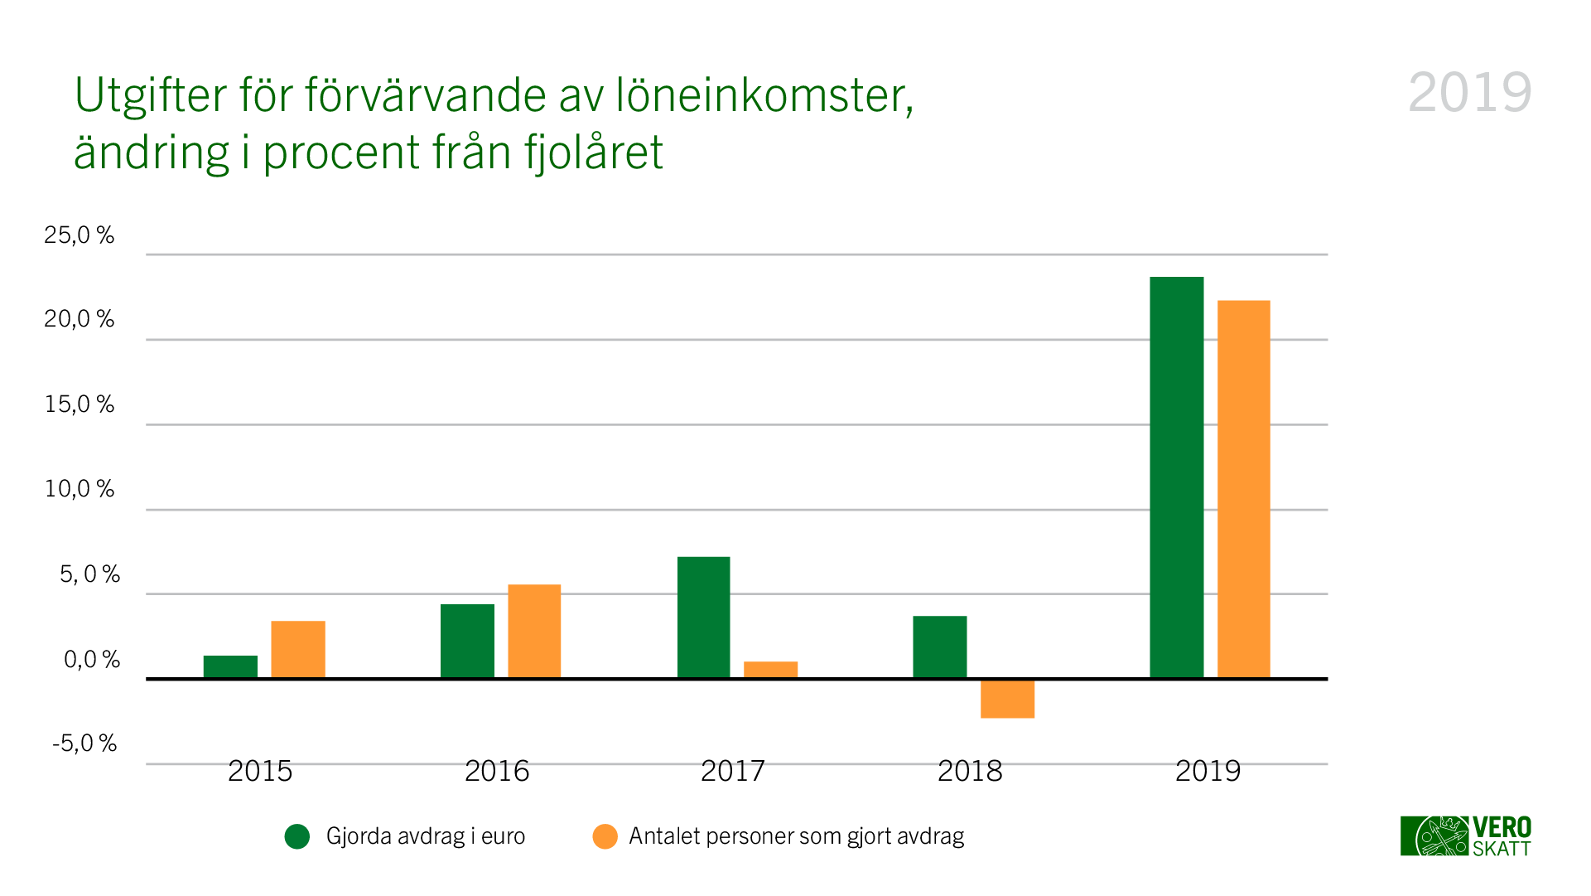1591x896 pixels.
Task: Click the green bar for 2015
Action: coord(230,666)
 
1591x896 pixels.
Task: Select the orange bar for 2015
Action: coord(298,649)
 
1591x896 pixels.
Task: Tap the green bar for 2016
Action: coord(467,641)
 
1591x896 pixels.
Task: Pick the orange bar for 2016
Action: coord(534,631)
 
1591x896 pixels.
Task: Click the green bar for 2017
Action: coord(704,618)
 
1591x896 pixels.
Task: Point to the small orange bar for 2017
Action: coord(770,670)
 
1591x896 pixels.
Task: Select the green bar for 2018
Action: coord(940,647)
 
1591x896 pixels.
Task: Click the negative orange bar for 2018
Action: coord(1007,700)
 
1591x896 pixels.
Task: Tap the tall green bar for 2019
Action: coord(1177,477)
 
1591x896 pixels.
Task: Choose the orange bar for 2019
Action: coord(1243,489)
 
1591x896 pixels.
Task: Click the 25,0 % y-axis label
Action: coord(80,235)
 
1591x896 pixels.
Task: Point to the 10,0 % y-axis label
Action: coord(80,489)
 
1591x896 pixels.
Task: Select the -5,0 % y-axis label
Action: coord(84,743)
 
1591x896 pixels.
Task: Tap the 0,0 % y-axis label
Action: coord(92,660)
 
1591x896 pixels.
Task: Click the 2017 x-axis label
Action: coord(733,772)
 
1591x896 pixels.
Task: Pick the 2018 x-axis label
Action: coord(970,772)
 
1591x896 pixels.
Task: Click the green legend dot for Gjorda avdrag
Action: coord(297,837)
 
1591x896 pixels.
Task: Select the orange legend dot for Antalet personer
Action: coord(605,837)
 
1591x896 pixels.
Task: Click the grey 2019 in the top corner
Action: coord(1469,93)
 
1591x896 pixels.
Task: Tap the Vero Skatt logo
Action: coord(1465,836)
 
